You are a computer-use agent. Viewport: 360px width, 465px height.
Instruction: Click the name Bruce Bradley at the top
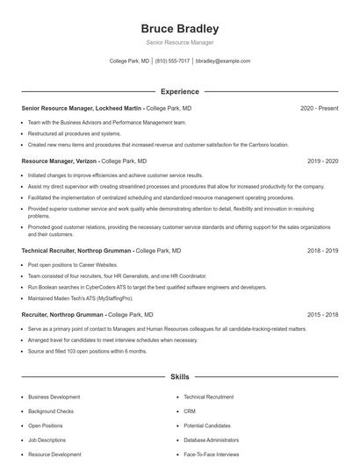(179, 28)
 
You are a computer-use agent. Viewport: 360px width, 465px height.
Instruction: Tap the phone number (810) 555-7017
(174, 61)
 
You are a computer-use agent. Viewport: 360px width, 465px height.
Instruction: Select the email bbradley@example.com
(223, 61)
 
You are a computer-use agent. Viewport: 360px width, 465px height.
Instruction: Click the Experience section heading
(179, 91)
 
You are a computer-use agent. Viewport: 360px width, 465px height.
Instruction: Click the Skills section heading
(179, 377)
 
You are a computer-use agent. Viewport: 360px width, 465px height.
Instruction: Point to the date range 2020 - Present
(319, 108)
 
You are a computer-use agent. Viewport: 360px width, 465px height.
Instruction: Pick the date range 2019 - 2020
(322, 161)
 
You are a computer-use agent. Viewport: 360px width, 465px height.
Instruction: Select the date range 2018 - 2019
(322, 250)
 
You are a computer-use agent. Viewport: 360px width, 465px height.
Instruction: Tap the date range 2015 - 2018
(322, 314)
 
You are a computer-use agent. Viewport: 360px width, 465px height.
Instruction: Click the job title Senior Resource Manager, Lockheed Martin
(82, 108)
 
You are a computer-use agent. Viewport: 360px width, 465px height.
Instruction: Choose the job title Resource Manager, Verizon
(60, 161)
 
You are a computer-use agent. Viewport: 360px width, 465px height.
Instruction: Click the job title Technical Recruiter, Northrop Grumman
(77, 250)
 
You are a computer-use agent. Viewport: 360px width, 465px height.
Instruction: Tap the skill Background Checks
(51, 411)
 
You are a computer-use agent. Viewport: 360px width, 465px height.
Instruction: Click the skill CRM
(190, 411)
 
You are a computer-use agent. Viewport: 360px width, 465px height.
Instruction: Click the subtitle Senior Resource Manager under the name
(179, 43)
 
